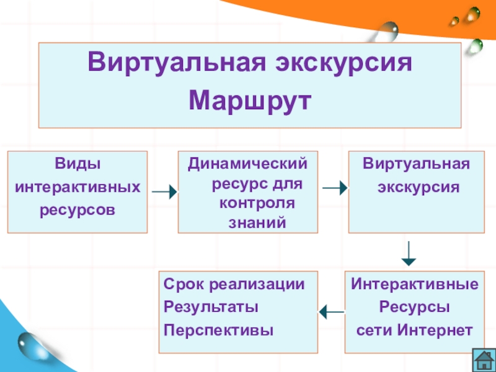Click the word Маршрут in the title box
click(x=249, y=99)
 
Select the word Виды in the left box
click(x=77, y=164)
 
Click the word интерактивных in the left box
click(x=77, y=187)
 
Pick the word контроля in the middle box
click(x=257, y=203)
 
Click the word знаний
click(x=257, y=221)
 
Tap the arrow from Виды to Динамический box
click(x=164, y=192)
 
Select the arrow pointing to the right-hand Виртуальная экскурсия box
click(x=334, y=188)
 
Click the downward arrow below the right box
click(x=409, y=254)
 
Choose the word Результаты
click(x=211, y=307)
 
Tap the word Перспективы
click(x=219, y=329)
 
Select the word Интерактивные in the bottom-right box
click(x=415, y=285)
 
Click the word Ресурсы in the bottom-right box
click(x=414, y=307)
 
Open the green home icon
click(x=482, y=358)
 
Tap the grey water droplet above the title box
click(x=389, y=29)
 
